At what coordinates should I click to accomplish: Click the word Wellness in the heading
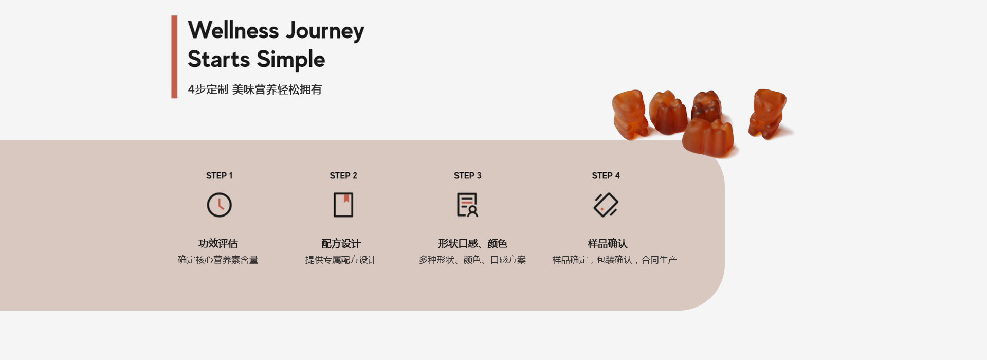233,30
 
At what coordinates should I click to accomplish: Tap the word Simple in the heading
290,60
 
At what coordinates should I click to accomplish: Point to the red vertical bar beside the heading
174,57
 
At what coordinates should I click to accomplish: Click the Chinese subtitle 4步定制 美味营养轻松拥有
254,89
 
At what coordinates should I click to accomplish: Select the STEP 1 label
219,176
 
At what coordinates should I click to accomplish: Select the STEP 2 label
343,176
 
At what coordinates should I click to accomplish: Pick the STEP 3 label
467,176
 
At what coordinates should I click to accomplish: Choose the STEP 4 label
606,176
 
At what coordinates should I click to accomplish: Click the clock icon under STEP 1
219,205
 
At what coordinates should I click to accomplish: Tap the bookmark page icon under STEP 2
343,205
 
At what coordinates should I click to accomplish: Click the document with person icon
467,205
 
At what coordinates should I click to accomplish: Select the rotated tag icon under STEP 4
606,205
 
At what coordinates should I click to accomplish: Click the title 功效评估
218,243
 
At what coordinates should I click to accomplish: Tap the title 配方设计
341,243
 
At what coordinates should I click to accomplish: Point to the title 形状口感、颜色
472,243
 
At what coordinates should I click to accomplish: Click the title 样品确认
607,243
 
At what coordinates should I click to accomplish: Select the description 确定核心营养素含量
218,260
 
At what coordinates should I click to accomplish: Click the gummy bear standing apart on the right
767,114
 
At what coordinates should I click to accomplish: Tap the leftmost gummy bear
629,114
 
